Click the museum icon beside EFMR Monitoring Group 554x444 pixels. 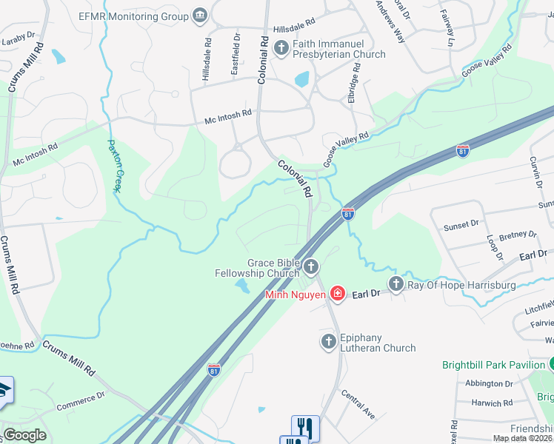[x=200, y=15]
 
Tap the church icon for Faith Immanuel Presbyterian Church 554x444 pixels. [x=281, y=49]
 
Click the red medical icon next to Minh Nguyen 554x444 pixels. [x=337, y=295]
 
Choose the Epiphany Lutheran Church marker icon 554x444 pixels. [x=330, y=341]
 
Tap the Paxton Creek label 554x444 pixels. [x=114, y=166]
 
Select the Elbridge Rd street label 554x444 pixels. [x=356, y=81]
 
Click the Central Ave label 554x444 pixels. [x=358, y=405]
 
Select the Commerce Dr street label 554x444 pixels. [x=80, y=400]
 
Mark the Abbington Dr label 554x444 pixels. [x=490, y=384]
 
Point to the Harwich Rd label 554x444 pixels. [x=493, y=404]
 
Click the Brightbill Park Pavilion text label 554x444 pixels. [x=493, y=365]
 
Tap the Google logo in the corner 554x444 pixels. [x=24, y=435]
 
